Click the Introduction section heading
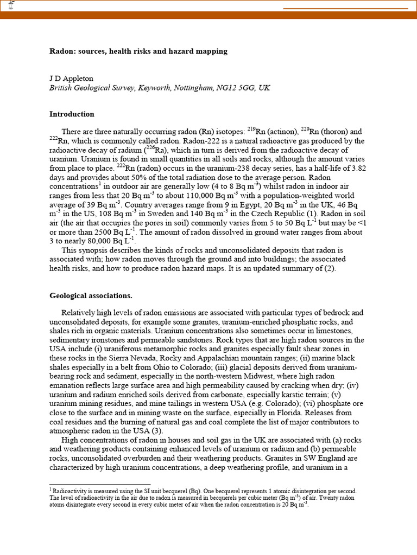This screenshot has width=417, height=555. click(72, 114)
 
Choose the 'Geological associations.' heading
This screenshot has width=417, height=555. click(91, 296)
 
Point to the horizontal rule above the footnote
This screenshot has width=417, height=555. click(100, 485)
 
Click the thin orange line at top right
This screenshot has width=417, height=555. click(346, 9)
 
